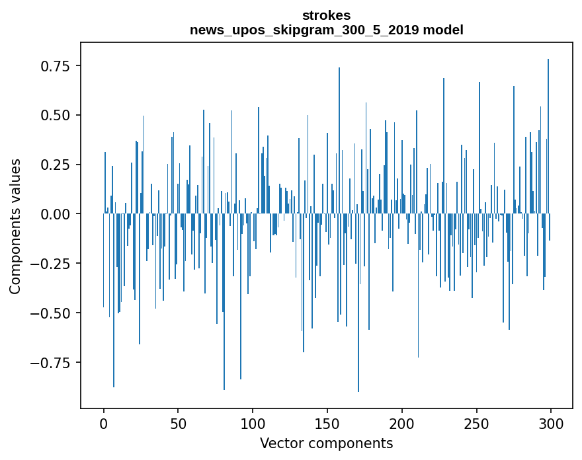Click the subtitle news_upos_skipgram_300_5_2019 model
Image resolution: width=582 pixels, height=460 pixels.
pyautogui.click(x=326, y=30)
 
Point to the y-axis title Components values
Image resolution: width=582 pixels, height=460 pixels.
pyautogui.click(x=15, y=226)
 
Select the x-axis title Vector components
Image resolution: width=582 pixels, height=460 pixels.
pyautogui.click(x=326, y=443)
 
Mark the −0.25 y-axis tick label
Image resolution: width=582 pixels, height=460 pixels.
pyautogui.click(x=54, y=263)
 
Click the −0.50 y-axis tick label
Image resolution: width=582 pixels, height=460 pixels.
pyautogui.click(x=54, y=313)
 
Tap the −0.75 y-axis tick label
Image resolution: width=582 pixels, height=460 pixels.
pyautogui.click(x=54, y=362)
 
